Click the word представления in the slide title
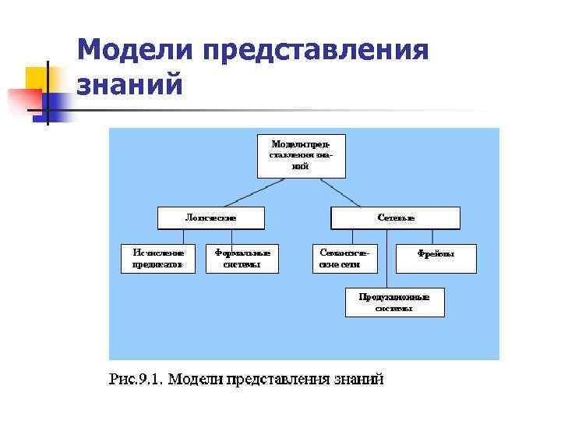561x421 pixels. click(x=316, y=51)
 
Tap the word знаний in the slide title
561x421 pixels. click(x=130, y=84)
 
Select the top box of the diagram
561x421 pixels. click(x=301, y=155)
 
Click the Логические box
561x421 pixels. click(x=210, y=218)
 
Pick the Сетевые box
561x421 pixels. click(x=396, y=218)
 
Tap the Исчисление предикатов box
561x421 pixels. click(x=158, y=259)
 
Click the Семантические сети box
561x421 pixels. click(x=344, y=259)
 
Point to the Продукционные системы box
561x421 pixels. click(x=394, y=302)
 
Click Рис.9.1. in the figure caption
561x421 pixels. click(x=135, y=380)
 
